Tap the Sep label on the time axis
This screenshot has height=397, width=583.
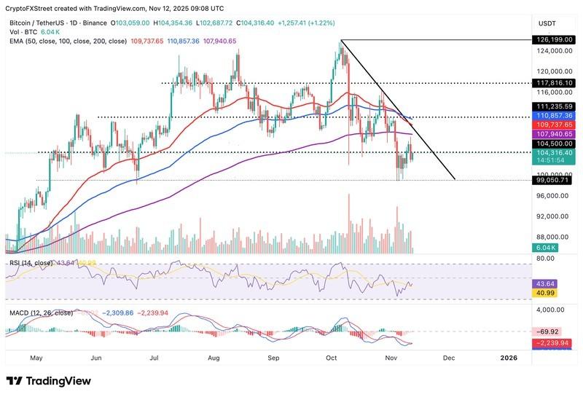273,358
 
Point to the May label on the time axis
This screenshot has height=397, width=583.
36,358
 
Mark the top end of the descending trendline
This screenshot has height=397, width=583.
341,40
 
